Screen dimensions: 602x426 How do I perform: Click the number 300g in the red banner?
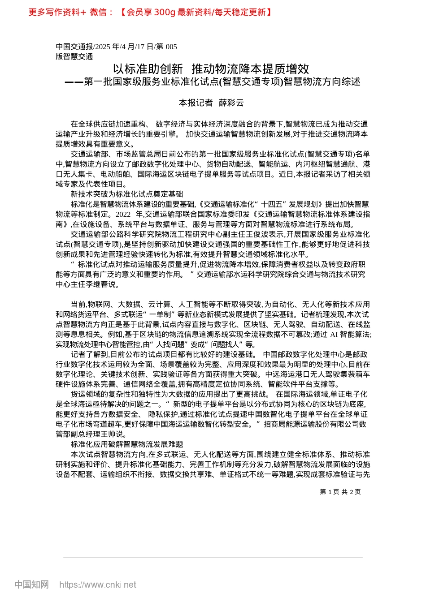tap(164, 12)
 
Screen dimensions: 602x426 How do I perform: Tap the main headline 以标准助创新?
tap(148, 69)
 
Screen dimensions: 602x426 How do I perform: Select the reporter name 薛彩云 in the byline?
tap(231, 103)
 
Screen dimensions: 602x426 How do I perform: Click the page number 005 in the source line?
tap(171, 47)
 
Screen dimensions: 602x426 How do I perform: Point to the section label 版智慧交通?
tap(74, 56)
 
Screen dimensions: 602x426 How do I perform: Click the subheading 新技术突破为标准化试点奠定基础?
tap(127, 194)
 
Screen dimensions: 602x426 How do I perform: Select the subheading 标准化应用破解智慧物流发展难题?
tap(127, 444)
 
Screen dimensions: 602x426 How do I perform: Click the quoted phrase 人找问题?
tap(173, 344)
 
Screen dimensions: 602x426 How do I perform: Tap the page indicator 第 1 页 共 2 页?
tap(340, 492)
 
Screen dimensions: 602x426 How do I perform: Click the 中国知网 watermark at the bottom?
tap(31, 585)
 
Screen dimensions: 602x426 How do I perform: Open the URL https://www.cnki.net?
tap(98, 585)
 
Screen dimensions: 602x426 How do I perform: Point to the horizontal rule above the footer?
tap(213, 558)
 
